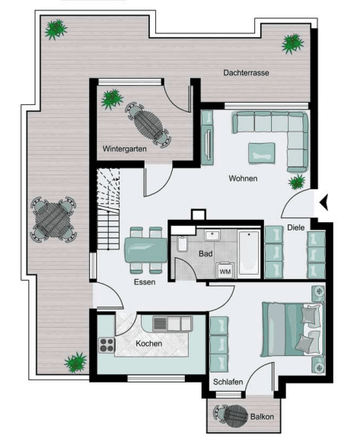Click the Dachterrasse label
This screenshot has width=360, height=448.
click(247, 73)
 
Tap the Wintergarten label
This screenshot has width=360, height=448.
click(125, 148)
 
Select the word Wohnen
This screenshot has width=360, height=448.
click(243, 179)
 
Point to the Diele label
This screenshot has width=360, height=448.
click(296, 227)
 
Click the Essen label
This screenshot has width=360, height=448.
click(144, 281)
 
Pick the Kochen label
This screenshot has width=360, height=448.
click(148, 344)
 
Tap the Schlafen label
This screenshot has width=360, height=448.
click(228, 382)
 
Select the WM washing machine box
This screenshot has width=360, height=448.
click(225, 270)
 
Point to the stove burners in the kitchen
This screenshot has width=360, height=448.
click(107, 344)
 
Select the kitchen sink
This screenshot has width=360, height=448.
click(162, 324)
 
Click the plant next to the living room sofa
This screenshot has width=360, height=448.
click(297, 182)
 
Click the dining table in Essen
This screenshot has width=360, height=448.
click(146, 248)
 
